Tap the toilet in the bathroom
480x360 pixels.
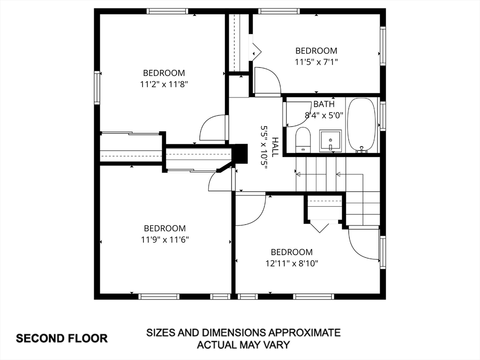303,140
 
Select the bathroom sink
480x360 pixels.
330,141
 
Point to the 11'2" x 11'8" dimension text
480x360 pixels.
164,84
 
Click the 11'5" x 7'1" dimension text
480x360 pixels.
316,61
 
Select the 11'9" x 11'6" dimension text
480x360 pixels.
165,240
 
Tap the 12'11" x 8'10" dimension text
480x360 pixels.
292,263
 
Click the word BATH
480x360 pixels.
324,104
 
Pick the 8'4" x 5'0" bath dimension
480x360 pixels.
324,114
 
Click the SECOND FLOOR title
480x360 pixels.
62,338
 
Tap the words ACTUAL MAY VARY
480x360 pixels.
243,345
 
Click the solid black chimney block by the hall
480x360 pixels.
240,153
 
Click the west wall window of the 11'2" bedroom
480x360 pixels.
97,87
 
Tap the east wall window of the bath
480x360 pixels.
382,115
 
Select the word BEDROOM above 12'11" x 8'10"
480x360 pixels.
292,252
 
